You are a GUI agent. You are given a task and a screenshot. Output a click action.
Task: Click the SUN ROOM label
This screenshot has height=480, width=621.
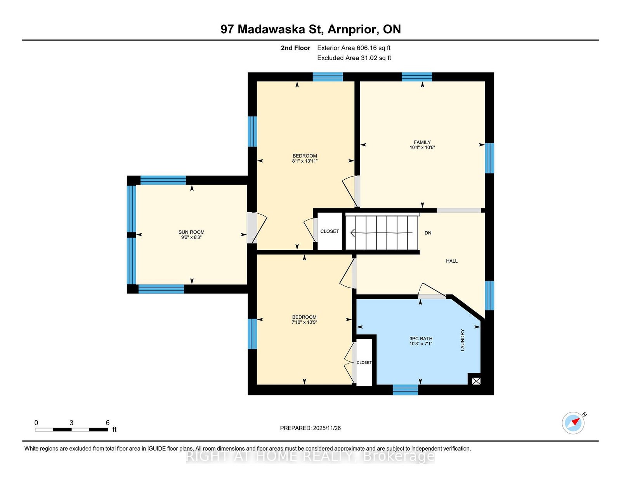click(191, 232)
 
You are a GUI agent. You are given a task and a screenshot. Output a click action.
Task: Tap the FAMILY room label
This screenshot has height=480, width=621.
click(422, 142)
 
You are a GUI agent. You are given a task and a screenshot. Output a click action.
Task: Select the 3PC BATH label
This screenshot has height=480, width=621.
click(421, 339)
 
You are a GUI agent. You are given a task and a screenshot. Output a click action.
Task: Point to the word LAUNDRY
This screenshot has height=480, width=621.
click(462, 340)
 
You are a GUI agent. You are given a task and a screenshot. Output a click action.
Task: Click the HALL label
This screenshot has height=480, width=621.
click(452, 261)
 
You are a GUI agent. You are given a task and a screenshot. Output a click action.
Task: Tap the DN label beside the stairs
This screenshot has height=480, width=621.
click(428, 233)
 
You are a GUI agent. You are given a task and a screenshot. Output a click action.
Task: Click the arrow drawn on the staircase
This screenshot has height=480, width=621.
click(382, 233)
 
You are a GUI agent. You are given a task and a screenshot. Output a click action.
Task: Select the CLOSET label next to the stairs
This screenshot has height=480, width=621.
click(330, 231)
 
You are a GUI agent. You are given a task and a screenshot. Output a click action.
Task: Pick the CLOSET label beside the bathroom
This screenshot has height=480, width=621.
click(364, 362)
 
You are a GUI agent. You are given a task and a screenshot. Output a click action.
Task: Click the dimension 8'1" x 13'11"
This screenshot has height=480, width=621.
click(305, 161)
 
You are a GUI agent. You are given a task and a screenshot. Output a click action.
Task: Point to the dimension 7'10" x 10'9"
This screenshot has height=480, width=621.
click(304, 322)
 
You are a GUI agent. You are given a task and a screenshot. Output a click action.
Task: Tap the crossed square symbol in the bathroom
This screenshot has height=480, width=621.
click(476, 381)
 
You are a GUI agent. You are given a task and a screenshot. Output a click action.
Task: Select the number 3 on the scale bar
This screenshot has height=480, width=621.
click(71, 423)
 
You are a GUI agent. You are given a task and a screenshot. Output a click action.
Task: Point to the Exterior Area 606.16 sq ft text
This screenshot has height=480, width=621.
click(354, 48)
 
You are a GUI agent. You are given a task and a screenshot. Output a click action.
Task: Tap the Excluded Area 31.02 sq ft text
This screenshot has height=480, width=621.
click(354, 58)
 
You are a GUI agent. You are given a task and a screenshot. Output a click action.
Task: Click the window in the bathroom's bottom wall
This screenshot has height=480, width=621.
click(405, 390)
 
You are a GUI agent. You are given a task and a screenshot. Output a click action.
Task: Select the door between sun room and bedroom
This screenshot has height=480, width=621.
click(257, 228)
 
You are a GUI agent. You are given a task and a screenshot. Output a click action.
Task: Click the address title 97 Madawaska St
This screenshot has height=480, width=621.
click(272, 29)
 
